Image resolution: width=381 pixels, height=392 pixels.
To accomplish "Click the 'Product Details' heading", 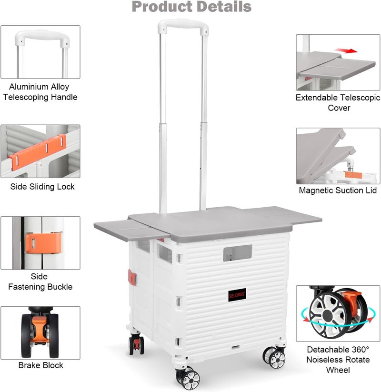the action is tap(191, 7).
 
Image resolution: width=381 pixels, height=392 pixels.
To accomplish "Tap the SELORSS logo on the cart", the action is tap(237, 295).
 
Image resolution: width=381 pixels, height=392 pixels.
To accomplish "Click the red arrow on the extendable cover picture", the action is tap(347, 51).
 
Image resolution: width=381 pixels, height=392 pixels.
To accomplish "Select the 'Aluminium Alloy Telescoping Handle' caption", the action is tap(40, 92).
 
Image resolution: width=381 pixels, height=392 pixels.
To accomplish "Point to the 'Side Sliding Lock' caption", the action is tap(42, 187).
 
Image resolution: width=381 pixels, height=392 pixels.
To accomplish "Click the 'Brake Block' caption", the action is tap(41, 365).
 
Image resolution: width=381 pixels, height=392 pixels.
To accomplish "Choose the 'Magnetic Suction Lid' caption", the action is tap(338, 190).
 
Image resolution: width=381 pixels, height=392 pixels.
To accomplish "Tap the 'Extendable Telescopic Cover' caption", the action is tap(338, 102).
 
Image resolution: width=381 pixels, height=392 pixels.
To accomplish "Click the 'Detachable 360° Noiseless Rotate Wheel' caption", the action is tap(338, 360).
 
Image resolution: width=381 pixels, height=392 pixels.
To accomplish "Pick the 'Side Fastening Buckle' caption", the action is tap(40, 281).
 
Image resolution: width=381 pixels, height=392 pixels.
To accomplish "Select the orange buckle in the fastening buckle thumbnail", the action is tap(43, 243).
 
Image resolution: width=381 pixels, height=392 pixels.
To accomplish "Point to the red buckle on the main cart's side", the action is tap(132, 277).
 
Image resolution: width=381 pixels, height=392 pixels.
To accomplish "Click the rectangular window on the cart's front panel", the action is tap(238, 253).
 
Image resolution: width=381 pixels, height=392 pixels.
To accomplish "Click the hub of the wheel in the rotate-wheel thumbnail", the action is tap(328, 316).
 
